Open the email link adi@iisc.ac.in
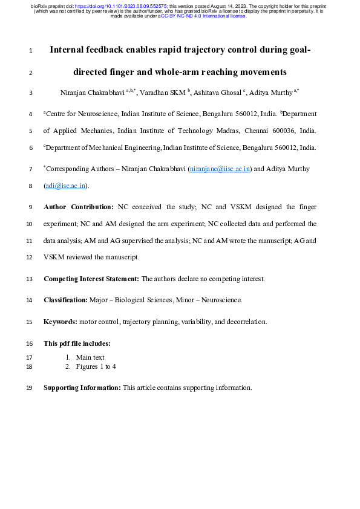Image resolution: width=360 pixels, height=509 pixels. pos(66,186)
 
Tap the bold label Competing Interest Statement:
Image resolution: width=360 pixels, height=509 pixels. pos(91,279)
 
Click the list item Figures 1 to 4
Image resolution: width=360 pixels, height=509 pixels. pos(96,366)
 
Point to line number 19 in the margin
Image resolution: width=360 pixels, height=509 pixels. pos(30,388)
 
